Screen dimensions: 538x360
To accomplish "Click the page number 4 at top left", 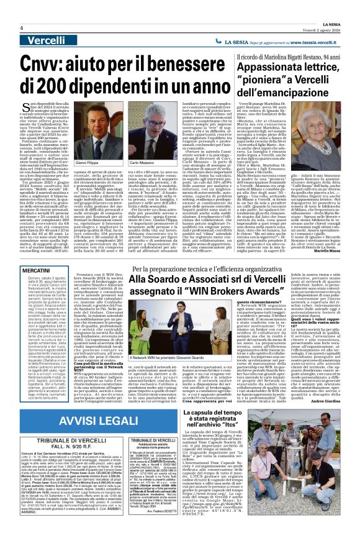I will tap(22, 28).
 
